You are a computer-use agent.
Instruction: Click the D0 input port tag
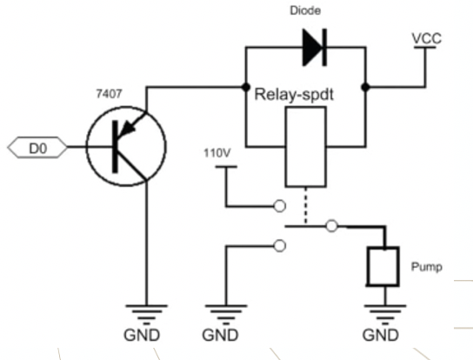37,147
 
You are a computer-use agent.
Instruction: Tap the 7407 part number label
109,94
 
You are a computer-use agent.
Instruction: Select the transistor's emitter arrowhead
127,129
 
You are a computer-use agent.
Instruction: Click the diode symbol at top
315,47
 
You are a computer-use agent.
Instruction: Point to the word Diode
305,10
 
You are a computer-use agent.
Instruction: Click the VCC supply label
427,38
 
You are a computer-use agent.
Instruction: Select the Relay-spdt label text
294,95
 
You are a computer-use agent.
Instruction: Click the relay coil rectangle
305,147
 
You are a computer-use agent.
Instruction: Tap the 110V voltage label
217,153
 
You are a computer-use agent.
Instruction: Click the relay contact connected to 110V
280,206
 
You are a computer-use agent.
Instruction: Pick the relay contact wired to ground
280,246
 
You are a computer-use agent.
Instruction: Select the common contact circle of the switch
332,226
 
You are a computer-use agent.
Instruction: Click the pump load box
383,266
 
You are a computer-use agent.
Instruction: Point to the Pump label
427,267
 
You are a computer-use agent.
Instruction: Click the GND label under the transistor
142,336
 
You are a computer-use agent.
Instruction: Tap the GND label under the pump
381,336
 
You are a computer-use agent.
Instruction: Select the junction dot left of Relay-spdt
246,87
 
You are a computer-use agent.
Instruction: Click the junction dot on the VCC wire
365,87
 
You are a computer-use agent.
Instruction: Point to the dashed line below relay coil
306,206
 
